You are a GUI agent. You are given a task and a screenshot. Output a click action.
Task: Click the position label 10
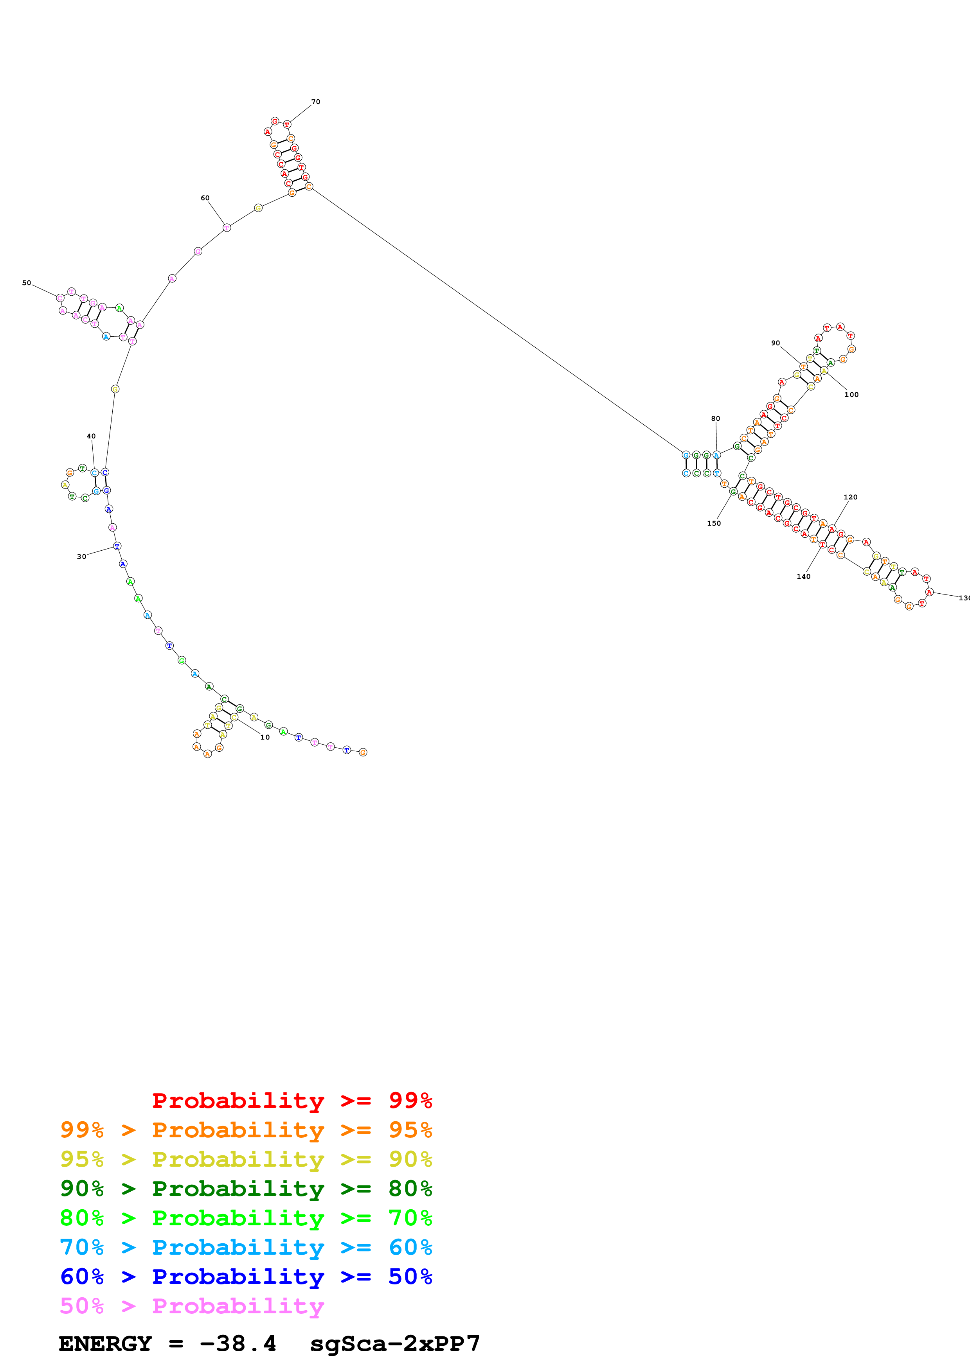(x=265, y=737)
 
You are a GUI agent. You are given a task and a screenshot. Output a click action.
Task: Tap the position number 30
(x=81, y=556)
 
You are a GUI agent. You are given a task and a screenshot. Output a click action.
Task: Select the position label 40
(x=91, y=436)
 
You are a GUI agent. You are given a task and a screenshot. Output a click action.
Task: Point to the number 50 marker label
(x=26, y=283)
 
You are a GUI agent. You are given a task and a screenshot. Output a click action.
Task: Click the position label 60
(x=205, y=198)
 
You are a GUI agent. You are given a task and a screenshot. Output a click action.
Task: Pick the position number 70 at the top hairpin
(x=315, y=102)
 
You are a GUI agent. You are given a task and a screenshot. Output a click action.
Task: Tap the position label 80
(x=715, y=418)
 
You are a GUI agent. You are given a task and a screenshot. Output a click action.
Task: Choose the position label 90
(x=775, y=343)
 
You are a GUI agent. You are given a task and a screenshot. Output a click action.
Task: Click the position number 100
(x=851, y=394)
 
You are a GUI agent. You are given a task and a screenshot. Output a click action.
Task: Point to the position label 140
(x=803, y=576)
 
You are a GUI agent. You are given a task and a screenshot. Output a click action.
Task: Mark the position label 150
(x=714, y=523)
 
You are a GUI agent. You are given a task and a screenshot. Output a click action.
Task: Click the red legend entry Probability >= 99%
(x=292, y=1101)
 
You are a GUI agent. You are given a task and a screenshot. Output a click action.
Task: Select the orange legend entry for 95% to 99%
(x=246, y=1130)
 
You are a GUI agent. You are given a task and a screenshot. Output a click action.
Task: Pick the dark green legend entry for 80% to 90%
(x=246, y=1189)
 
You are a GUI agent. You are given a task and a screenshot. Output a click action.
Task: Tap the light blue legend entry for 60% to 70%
(x=246, y=1247)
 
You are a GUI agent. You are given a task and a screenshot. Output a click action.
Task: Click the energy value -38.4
(x=238, y=1344)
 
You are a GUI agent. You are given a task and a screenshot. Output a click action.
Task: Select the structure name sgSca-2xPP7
(x=394, y=1344)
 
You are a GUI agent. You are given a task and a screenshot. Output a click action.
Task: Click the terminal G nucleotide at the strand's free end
(x=363, y=752)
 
